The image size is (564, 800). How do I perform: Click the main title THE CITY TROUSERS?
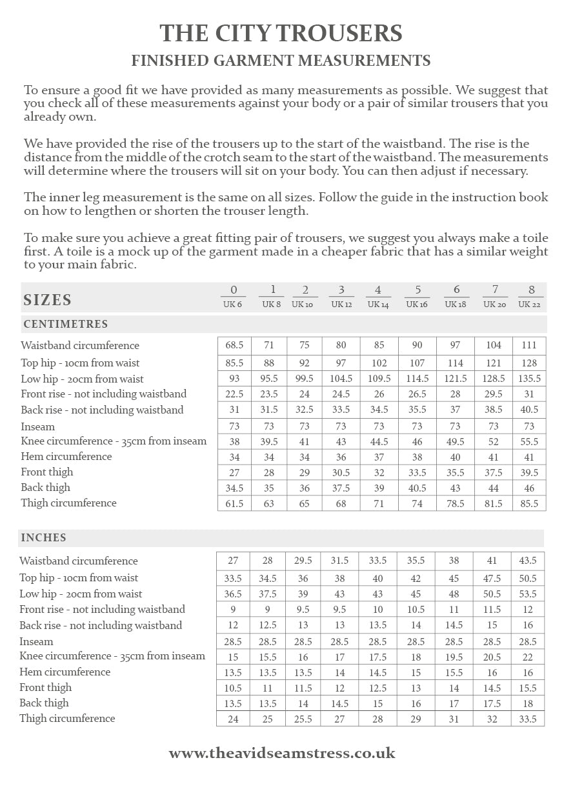[x=281, y=33]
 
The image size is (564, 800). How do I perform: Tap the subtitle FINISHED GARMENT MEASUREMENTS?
[x=281, y=61]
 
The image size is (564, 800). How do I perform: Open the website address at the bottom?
[x=282, y=753]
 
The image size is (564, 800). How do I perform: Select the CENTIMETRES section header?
[x=66, y=324]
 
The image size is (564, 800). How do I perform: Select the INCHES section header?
[x=43, y=537]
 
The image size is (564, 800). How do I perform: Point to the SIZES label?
[x=48, y=300]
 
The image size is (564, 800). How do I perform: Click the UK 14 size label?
[x=378, y=305]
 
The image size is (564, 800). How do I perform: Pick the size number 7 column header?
[x=494, y=290]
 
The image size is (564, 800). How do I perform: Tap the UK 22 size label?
[x=529, y=305]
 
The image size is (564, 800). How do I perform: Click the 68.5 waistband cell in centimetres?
[x=234, y=345]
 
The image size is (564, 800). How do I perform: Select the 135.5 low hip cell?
[x=529, y=379]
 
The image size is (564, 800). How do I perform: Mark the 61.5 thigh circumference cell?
[x=234, y=503]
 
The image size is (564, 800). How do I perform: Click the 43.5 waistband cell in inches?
[x=528, y=561]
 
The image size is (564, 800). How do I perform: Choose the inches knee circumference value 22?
[x=528, y=657]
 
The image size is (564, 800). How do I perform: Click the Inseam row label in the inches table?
[x=36, y=641]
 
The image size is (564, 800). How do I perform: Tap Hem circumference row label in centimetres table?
[x=66, y=456]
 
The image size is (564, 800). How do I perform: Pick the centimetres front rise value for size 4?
[x=379, y=394]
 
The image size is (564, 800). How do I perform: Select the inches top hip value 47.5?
[x=492, y=578]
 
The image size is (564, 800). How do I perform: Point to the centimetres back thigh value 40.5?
[x=417, y=488]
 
